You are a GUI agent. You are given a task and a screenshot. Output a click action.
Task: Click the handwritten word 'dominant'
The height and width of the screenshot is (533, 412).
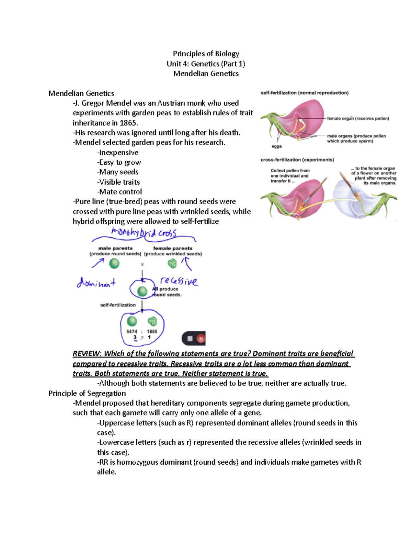96,283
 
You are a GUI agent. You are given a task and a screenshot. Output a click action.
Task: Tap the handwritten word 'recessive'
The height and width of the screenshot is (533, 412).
179,281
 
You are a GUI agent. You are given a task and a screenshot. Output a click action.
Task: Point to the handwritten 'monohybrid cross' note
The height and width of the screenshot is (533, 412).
144,233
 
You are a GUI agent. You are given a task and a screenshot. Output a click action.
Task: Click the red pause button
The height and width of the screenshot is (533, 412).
201,339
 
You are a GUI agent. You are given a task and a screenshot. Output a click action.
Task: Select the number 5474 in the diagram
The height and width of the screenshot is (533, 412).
131,332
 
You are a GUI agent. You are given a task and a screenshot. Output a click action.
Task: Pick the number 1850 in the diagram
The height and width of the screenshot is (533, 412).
152,332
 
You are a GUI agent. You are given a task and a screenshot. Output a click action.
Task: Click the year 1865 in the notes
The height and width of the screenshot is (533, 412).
128,123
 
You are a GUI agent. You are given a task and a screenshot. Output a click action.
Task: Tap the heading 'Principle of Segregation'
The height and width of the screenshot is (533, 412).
87,393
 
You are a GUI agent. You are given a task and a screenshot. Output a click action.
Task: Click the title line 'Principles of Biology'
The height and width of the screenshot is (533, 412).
206,54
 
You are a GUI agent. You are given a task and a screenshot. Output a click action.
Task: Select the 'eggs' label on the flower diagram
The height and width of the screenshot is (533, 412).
276,146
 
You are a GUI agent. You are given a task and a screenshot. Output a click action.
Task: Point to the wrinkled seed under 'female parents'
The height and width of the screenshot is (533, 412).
172,263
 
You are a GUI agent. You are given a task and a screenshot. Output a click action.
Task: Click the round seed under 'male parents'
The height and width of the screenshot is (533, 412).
114,264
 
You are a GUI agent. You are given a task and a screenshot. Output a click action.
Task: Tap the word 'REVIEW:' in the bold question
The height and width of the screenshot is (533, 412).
87,354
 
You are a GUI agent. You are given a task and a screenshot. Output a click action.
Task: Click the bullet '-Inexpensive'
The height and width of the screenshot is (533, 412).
118,152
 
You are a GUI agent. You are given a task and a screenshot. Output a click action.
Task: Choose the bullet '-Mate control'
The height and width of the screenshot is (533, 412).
119,192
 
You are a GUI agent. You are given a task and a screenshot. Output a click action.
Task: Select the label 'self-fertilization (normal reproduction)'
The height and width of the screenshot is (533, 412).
305,93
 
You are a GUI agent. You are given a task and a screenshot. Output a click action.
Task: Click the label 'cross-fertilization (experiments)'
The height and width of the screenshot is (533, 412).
297,160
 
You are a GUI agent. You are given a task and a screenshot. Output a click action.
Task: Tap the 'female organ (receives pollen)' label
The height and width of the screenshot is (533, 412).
358,118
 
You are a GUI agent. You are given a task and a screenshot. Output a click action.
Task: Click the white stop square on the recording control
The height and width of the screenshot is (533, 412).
190,339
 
